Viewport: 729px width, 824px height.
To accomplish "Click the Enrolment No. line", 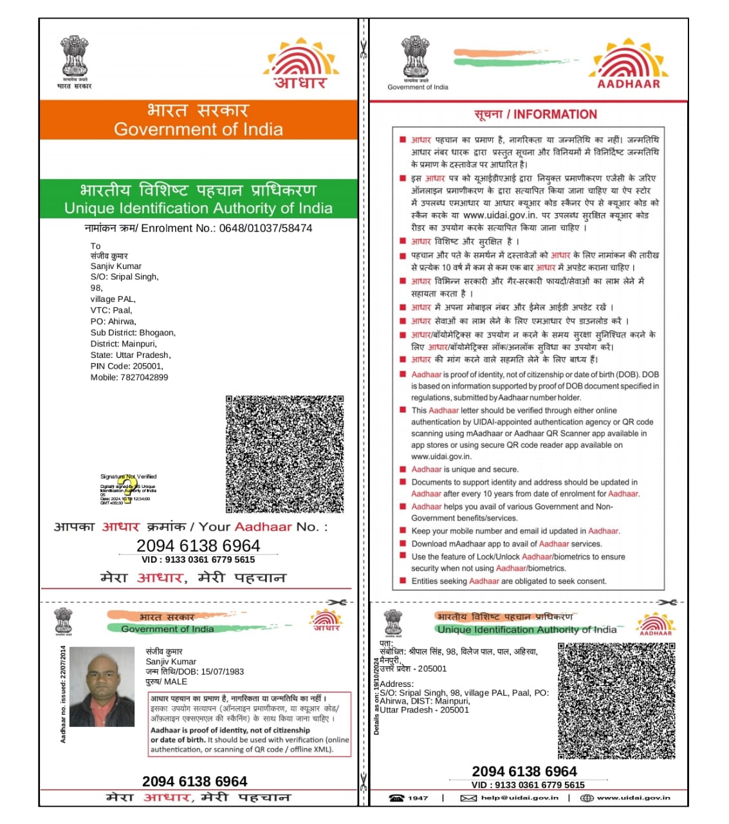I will (198, 229).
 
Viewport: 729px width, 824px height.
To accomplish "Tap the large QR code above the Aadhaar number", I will (284, 454).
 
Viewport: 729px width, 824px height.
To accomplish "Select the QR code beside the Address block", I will (616, 701).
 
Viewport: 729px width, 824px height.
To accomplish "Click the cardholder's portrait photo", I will (102, 687).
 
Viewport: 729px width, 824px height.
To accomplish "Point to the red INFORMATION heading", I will (535, 115).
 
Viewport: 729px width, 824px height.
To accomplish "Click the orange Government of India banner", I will (198, 120).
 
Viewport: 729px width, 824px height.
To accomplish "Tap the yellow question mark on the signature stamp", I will (129, 486).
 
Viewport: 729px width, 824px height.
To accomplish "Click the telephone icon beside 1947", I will (396, 798).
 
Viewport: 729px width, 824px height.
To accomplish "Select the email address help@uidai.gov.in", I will (520, 798).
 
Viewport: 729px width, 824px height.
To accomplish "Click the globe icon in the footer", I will (586, 798).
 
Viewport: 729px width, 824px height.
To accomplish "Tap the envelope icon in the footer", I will (468, 798).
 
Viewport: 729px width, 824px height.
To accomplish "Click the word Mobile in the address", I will (104, 377).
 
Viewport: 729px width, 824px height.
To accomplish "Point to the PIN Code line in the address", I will (127, 366).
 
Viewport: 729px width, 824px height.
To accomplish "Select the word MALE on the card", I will (176, 681).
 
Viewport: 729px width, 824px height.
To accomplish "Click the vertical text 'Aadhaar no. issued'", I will (63, 694).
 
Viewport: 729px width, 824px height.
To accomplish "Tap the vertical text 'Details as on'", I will (376, 696).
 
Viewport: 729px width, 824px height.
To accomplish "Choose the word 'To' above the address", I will (95, 246).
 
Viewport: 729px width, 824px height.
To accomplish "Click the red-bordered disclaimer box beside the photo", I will (250, 724).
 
